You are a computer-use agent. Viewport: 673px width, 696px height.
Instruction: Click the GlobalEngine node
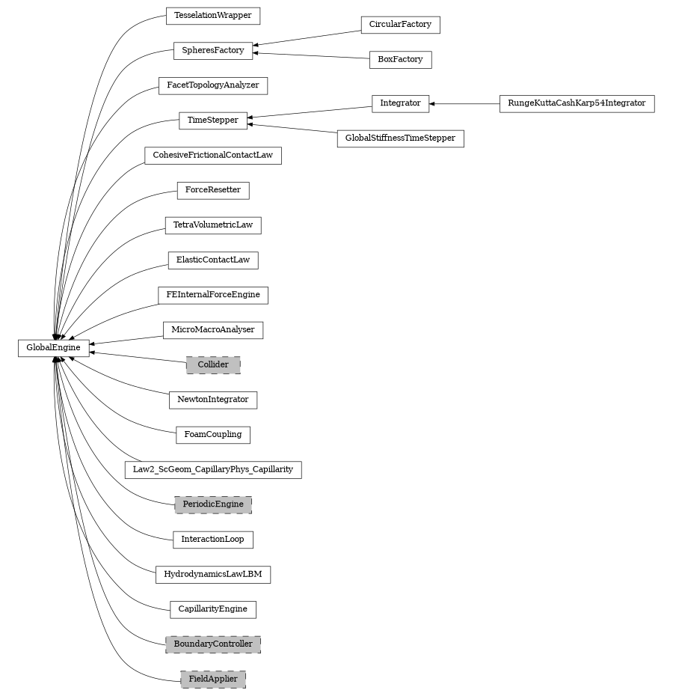coord(53,348)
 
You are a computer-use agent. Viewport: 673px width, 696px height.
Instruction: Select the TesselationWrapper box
coord(213,16)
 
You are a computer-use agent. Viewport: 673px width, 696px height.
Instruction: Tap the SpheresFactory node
coord(213,51)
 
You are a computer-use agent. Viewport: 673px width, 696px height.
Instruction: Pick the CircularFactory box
coord(400,25)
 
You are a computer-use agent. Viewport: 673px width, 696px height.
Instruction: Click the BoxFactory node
coord(400,60)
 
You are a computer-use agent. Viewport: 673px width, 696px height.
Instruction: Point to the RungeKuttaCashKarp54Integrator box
coord(577,103)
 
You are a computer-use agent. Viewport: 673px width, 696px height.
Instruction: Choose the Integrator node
coord(400,103)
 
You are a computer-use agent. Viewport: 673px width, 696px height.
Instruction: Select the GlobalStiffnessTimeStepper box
coord(400,138)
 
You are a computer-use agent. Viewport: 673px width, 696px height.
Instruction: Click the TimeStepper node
coord(213,120)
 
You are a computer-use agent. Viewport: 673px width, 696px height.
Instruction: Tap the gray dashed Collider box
coord(213,365)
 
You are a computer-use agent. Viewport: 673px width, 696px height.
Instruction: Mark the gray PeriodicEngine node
coord(213,504)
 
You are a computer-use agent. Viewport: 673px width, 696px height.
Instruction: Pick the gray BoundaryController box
coord(213,644)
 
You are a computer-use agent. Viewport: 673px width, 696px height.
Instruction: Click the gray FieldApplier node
coord(213,680)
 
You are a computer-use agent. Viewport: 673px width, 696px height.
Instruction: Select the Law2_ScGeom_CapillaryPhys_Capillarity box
coord(213,470)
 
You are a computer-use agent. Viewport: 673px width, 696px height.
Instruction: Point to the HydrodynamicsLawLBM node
coord(213,575)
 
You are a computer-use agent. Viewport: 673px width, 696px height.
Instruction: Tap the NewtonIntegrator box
coord(213,400)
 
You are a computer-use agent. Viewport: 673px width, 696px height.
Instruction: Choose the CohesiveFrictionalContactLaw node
coord(213,156)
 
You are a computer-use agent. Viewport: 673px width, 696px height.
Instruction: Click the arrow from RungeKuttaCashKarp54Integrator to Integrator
coord(464,103)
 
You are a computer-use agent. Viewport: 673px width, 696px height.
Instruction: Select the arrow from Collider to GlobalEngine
coord(138,357)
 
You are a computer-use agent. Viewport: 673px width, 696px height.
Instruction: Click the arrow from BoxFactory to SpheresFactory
coord(310,55)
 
